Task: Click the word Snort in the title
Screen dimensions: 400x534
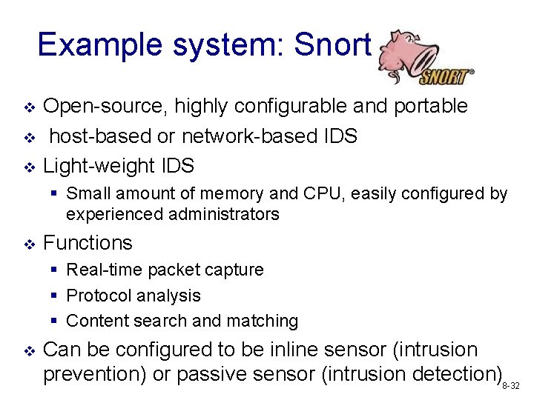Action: [x=332, y=45]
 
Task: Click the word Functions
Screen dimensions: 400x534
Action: [x=88, y=243]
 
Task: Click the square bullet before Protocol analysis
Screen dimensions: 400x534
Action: [x=55, y=296]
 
